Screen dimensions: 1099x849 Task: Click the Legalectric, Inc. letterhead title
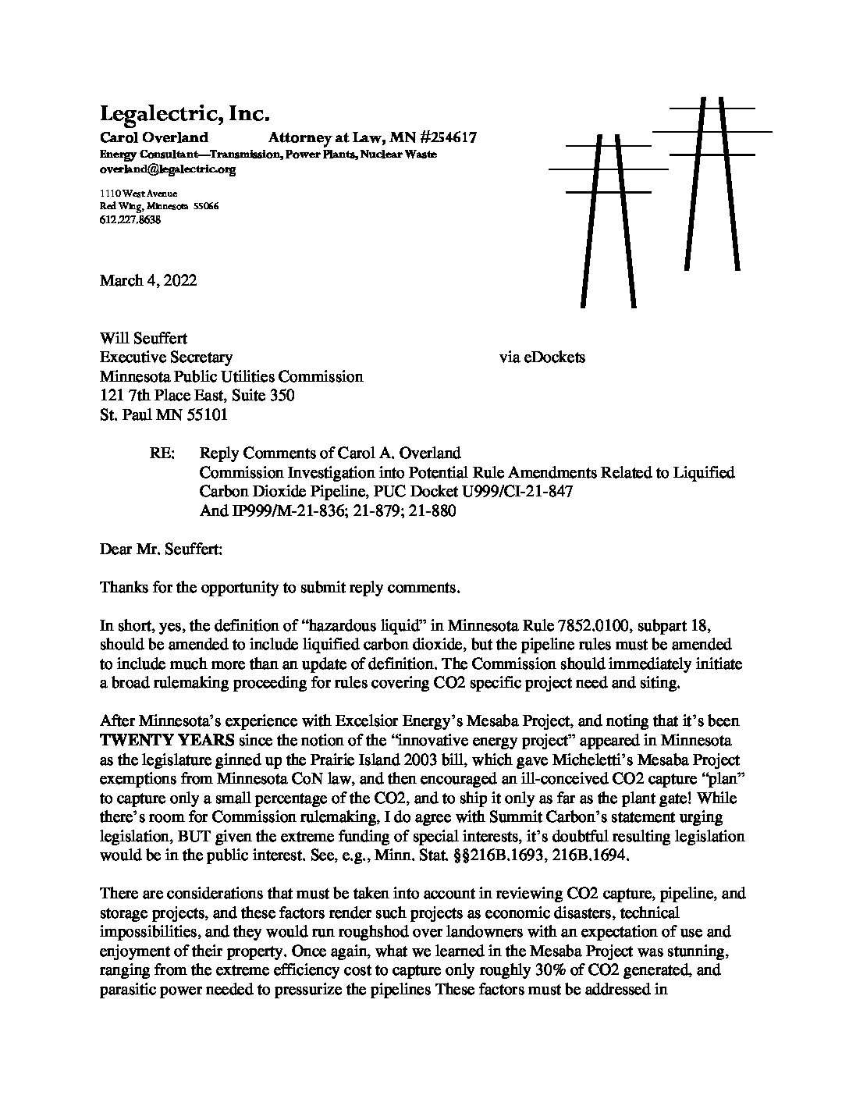tap(184, 115)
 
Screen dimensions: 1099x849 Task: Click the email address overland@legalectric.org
tap(167, 169)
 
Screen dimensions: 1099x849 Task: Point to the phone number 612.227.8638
tap(130, 220)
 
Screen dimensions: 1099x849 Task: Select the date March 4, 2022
tap(148, 280)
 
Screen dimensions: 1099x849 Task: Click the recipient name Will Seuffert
tap(144, 339)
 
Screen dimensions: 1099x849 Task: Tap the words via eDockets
tap(542, 357)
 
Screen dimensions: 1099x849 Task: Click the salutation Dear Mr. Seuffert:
tap(161, 549)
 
